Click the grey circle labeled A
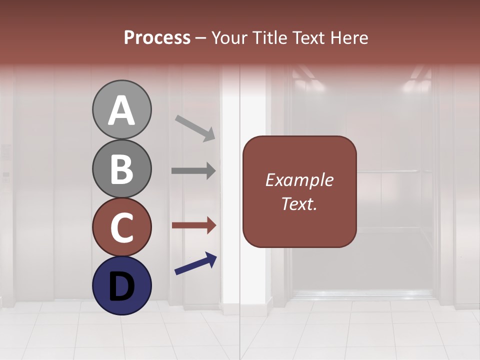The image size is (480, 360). point(121,109)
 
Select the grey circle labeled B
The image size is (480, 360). point(121,168)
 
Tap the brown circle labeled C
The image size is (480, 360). point(121,227)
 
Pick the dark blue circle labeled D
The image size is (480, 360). point(121,285)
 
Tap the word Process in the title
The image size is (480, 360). point(157,38)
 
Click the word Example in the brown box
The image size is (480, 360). point(299,180)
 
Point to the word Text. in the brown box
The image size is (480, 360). point(299,203)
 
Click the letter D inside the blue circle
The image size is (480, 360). point(121,286)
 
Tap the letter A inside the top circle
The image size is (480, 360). point(121,110)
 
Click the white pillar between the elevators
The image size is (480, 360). point(230,200)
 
